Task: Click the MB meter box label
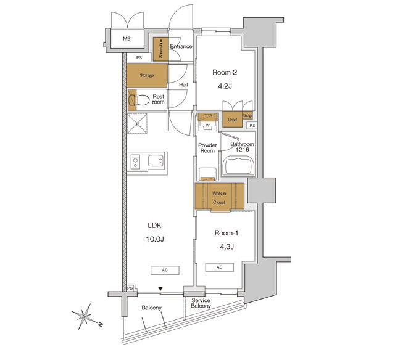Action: coord(127,39)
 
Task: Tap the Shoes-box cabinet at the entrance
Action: coord(160,49)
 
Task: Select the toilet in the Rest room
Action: coord(138,100)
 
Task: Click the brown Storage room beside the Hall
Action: coord(147,75)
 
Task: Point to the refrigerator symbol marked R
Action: coord(137,123)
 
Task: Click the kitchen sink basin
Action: coord(156,160)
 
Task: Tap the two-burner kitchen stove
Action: coord(136,162)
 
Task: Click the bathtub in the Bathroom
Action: coord(238,166)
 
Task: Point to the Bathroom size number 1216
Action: coord(243,150)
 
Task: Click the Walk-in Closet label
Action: coord(219,198)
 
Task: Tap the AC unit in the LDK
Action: coord(165,270)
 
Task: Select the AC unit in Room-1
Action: coord(220,267)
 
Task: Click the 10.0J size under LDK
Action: coord(155,239)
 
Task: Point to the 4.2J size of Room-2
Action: coord(225,86)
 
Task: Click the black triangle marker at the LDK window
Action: coord(160,289)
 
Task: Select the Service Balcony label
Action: coord(201,303)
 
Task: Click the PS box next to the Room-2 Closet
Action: coord(252,125)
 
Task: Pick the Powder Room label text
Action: coord(207,148)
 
